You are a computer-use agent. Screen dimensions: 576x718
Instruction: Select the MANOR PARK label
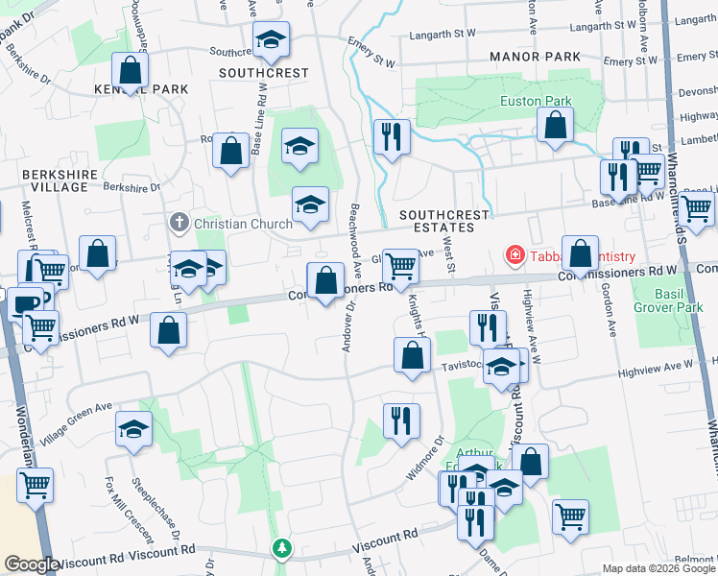tap(535, 57)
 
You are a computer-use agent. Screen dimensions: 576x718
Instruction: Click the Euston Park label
tap(536, 101)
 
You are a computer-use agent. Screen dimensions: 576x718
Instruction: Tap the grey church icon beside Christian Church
tap(179, 223)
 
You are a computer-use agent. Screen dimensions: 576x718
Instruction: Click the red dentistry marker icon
tap(515, 255)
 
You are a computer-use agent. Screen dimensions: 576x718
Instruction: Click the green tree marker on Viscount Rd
tap(281, 548)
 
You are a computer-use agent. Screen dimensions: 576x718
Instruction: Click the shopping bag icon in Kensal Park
tap(130, 70)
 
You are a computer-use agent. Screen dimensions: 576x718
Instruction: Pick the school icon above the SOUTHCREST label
tap(272, 39)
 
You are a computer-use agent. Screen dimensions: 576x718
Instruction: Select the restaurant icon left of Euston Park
tap(393, 136)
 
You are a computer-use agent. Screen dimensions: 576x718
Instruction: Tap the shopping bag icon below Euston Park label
tap(555, 125)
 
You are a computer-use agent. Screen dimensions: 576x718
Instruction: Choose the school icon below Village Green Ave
tap(134, 429)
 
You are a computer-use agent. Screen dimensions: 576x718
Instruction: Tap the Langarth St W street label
tap(443, 33)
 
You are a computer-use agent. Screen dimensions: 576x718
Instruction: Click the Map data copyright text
tap(658, 568)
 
